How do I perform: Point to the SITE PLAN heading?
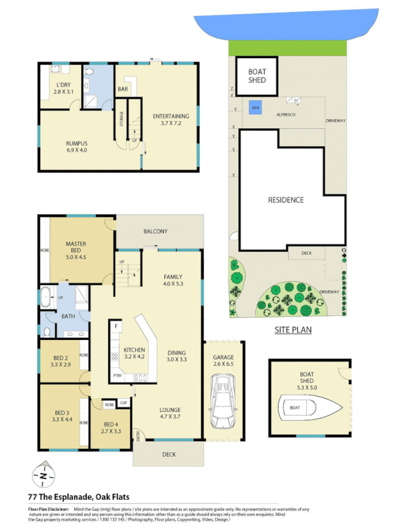tap(293, 329)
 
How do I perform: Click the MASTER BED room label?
tap(75, 248)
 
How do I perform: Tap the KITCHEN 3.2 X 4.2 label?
tap(134, 353)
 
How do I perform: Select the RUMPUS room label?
tap(77, 146)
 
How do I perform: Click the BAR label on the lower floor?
tap(122, 89)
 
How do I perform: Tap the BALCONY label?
tap(156, 231)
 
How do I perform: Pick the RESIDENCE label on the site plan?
tap(286, 200)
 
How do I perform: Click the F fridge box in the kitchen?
tap(116, 327)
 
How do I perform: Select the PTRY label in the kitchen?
tap(118, 377)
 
